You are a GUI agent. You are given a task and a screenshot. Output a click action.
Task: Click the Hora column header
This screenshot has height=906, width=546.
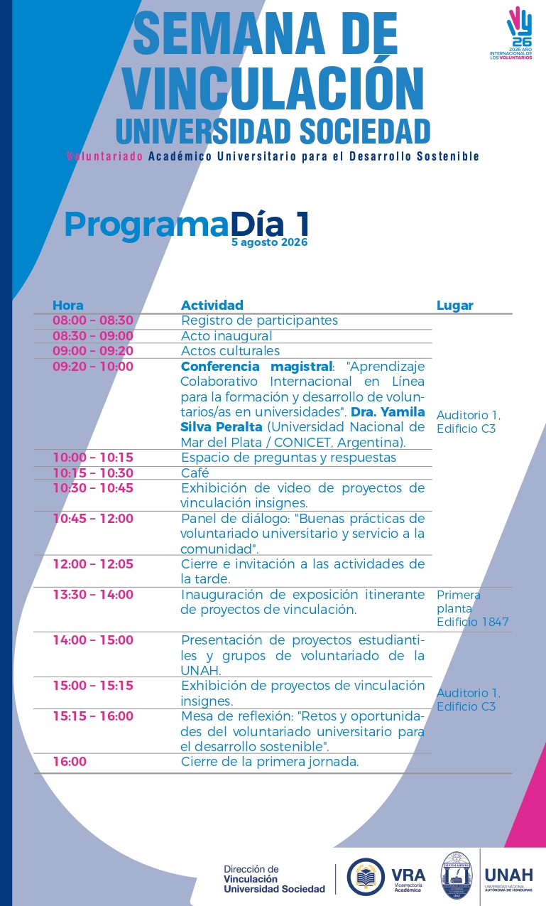(68, 306)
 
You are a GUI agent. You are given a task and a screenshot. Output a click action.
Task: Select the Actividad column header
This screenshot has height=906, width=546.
(212, 306)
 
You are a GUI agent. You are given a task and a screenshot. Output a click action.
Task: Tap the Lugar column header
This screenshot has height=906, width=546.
(454, 306)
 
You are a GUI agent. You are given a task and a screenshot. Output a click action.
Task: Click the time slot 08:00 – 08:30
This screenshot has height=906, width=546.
(93, 320)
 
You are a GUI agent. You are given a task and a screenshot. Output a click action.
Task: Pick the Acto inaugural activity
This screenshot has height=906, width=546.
(226, 335)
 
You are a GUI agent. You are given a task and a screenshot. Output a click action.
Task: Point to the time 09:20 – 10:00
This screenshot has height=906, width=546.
(93, 367)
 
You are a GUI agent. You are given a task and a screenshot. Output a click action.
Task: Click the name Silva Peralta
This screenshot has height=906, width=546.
(222, 427)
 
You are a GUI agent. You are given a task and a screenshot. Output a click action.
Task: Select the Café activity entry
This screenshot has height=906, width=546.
(195, 473)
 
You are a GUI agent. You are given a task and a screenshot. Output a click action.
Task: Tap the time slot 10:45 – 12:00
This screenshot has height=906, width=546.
(93, 519)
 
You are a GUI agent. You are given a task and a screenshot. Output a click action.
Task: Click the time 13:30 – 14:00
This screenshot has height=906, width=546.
(93, 595)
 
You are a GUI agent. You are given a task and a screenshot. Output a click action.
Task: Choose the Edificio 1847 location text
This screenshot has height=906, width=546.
(472, 622)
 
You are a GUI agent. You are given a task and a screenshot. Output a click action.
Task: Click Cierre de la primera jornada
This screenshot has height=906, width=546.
(270, 762)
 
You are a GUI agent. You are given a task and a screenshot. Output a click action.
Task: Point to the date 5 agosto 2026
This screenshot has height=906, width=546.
(270, 242)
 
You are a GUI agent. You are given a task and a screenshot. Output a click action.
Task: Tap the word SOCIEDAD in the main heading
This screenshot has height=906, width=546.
(365, 131)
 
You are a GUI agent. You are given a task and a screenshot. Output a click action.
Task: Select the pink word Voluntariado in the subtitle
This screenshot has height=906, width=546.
(104, 156)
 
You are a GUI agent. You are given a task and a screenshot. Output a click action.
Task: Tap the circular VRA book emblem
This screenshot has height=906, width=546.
(366, 877)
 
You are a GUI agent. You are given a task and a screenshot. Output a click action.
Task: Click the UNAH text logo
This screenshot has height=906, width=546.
(509, 876)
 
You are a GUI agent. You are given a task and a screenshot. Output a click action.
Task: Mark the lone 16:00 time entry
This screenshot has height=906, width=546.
(70, 762)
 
